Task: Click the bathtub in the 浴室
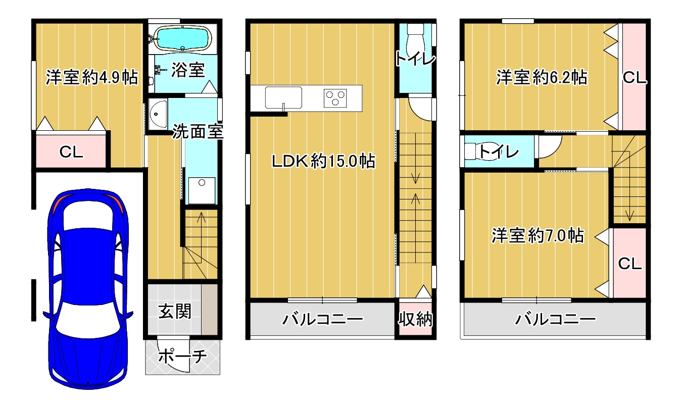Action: (181, 38)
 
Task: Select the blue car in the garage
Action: (86, 288)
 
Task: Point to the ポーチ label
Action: (183, 356)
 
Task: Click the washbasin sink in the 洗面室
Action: (158, 115)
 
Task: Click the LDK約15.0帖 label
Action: (323, 161)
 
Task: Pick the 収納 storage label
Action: (415, 319)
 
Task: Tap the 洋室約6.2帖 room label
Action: (541, 78)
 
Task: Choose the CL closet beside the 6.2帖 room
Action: (635, 78)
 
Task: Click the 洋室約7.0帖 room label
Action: (539, 235)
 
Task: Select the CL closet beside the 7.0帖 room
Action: (629, 263)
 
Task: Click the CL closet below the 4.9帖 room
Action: (71, 151)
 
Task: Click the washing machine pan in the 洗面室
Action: (201, 190)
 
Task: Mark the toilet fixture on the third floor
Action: (475, 151)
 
